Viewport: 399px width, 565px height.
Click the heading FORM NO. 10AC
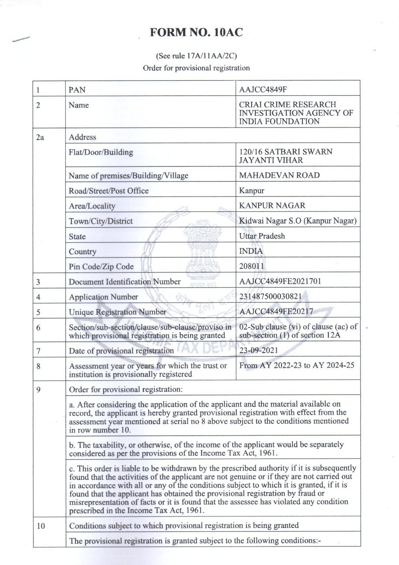[196, 33]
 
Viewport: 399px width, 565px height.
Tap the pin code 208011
[252, 266]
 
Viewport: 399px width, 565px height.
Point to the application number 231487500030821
[270, 297]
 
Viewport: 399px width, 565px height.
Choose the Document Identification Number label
[124, 282]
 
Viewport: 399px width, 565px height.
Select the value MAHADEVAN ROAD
[279, 175]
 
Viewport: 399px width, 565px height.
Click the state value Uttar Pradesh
[262, 236]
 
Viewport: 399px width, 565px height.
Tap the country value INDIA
[251, 251]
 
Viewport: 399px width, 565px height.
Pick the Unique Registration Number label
[117, 312]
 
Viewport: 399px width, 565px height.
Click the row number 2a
[40, 137]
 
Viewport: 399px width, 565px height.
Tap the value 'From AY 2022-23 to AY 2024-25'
[296, 365]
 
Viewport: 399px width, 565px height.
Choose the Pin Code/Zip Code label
[101, 267]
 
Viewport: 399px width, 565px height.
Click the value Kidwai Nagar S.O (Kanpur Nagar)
[298, 221]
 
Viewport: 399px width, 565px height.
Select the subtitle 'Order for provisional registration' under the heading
[196, 68]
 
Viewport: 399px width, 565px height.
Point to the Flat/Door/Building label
[101, 152]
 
